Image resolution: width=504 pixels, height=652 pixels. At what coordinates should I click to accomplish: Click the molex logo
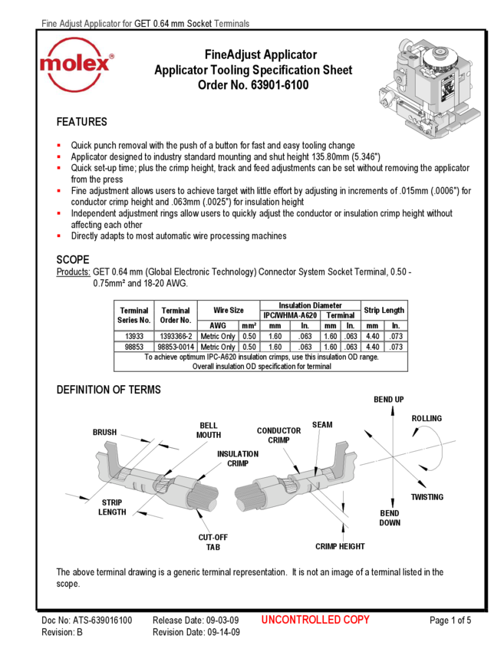pos(77,64)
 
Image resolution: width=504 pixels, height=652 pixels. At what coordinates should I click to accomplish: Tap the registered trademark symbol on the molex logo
pos(111,57)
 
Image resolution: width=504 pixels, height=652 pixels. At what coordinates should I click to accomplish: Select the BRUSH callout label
pos(104,432)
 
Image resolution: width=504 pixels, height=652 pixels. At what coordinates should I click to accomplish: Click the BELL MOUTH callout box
pos(208,430)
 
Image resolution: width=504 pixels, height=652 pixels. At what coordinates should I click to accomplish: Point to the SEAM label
pos(322,424)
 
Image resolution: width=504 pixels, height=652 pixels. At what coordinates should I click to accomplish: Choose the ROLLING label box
pos(427,419)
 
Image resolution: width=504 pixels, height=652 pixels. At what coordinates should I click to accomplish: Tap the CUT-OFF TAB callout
pos(212,543)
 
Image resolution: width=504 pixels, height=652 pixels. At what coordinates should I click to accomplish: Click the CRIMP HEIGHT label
pos(340,547)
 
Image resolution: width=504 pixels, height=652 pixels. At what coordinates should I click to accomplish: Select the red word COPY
pos(357,620)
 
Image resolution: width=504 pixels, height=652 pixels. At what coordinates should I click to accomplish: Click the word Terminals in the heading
pos(231,24)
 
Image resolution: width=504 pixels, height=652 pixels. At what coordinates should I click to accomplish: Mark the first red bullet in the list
pos(58,145)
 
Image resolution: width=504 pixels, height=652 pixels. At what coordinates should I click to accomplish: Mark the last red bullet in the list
pos(58,235)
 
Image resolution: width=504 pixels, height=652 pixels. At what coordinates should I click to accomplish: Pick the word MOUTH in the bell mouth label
pos(208,435)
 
